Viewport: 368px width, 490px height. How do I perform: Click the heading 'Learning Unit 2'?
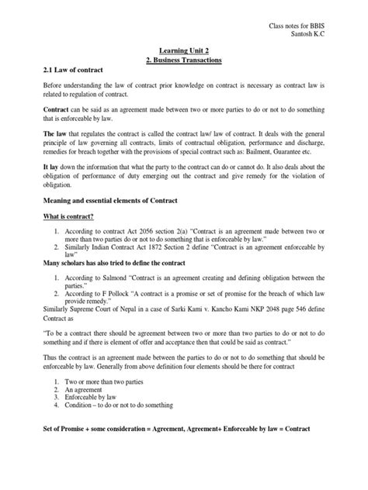tap(183, 48)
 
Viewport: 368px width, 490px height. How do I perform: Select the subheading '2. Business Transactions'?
tap(183, 58)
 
